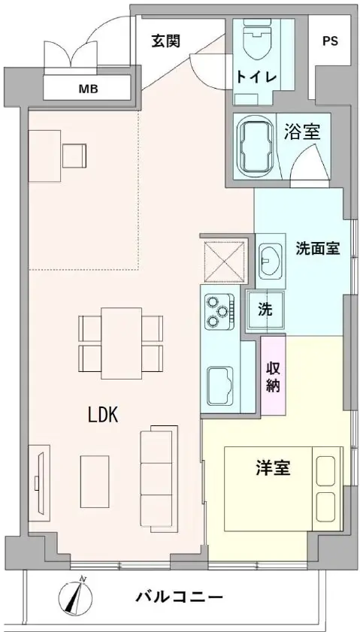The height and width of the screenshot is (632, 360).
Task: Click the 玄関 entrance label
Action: coord(165,41)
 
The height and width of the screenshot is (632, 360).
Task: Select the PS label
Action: coord(330,41)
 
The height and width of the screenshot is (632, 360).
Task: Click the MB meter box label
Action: coord(88,89)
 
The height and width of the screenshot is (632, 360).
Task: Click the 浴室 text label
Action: coord(302,132)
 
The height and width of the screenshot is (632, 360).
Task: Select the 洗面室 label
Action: coord(317,249)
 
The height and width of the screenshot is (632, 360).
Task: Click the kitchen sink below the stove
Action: coord(219,386)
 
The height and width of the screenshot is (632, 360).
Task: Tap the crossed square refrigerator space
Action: coord(225,261)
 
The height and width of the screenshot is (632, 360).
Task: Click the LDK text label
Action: coord(103,415)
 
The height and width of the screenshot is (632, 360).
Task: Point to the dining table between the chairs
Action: coord(121,343)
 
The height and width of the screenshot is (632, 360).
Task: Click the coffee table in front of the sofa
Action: coord(95,481)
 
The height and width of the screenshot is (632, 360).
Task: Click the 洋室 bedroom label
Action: coord(273,468)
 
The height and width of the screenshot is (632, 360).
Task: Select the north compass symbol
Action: coord(76,597)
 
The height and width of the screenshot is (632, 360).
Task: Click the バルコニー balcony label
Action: coord(179,597)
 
